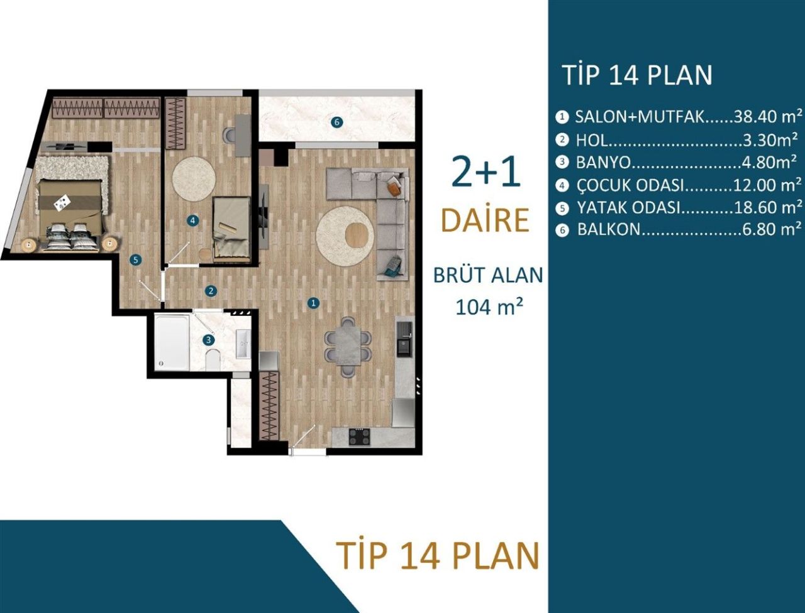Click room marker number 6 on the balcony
(337, 122)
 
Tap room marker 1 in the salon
(313, 303)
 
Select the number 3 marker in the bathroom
(209, 340)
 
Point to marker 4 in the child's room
(192, 220)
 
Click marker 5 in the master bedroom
(135, 259)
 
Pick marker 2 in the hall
(211, 291)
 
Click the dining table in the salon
(347, 346)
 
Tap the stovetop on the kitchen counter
(358, 436)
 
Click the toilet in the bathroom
(213, 360)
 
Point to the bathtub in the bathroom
(172, 343)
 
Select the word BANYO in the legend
(603, 162)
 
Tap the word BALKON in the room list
(608, 229)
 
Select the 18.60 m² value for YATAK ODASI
(768, 207)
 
